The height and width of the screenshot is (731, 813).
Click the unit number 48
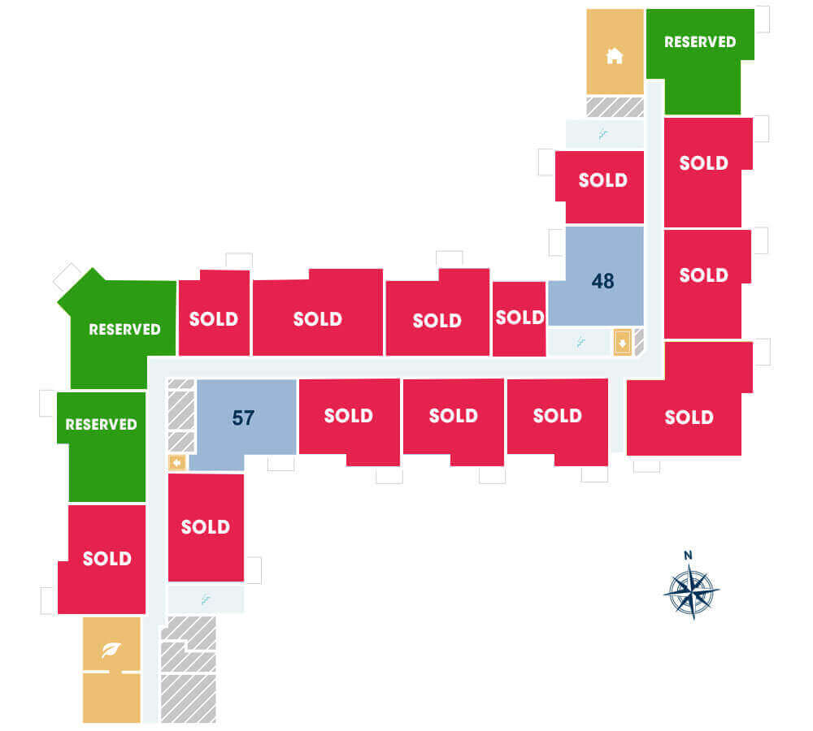[602, 281]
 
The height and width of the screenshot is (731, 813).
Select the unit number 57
[243, 417]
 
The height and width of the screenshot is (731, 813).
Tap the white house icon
[615, 55]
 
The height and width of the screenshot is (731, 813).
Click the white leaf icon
[111, 649]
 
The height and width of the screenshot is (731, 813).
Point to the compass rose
[692, 591]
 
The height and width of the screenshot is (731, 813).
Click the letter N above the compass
[688, 556]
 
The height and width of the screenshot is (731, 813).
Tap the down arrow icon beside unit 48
[622, 342]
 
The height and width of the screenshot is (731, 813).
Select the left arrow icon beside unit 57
[177, 462]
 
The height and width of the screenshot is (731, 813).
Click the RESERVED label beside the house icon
[700, 42]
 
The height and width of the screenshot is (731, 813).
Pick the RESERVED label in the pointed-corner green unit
[124, 330]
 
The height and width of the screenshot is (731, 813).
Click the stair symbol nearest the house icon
[602, 135]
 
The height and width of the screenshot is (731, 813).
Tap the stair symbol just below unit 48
[580, 342]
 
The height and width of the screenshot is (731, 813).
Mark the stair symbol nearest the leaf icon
[206, 600]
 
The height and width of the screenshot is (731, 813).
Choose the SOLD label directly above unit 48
[603, 180]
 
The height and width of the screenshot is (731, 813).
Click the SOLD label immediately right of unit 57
[349, 416]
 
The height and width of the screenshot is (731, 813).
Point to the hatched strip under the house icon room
[615, 106]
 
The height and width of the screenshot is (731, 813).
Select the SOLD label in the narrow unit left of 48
[520, 317]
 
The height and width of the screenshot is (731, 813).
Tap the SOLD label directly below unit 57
[206, 527]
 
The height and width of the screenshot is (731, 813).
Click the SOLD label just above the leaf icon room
[107, 559]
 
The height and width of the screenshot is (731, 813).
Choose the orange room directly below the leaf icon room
[111, 698]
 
